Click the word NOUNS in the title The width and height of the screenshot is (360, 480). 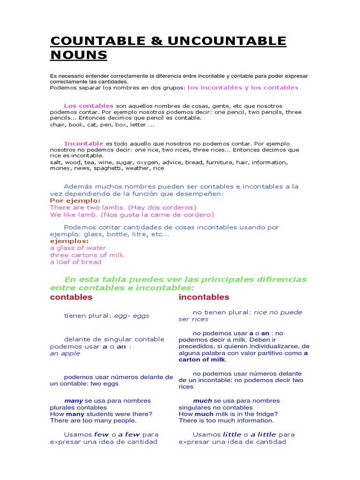(x=79, y=55)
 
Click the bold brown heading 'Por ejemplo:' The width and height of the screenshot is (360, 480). (x=75, y=200)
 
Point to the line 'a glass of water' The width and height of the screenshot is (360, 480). (x=78, y=248)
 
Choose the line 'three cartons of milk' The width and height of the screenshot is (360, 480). (x=87, y=255)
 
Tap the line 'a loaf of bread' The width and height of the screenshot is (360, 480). (x=76, y=262)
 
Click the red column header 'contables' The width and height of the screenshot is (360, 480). (x=71, y=297)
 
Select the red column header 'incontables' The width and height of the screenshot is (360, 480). (x=204, y=297)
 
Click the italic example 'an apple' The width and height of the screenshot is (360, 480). (x=65, y=353)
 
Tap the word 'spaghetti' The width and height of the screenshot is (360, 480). (x=108, y=168)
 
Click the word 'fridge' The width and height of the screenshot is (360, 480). (x=266, y=414)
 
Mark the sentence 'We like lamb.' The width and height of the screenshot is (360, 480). (x=72, y=215)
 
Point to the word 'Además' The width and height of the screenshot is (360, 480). (x=78, y=187)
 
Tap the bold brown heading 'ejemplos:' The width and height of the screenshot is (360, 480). (x=69, y=241)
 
